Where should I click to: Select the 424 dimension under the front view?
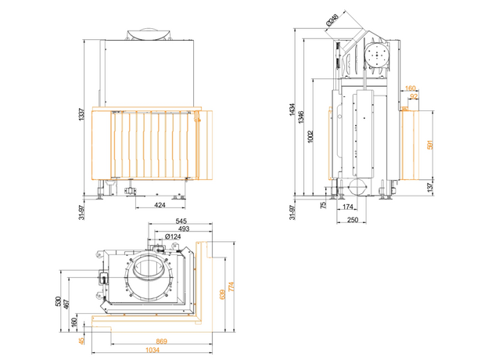[160, 207]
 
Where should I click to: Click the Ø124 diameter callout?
[174, 236]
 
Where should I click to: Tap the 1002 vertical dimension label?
[310, 135]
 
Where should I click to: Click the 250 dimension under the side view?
[352, 221]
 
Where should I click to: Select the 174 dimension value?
[348, 207]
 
